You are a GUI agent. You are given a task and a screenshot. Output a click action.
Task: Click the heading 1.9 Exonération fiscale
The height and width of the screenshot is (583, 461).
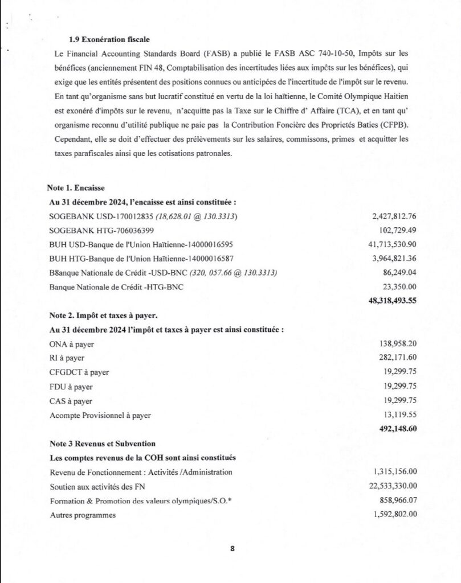[x=109, y=39]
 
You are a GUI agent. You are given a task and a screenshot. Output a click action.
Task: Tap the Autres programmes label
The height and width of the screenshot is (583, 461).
[x=83, y=515]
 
